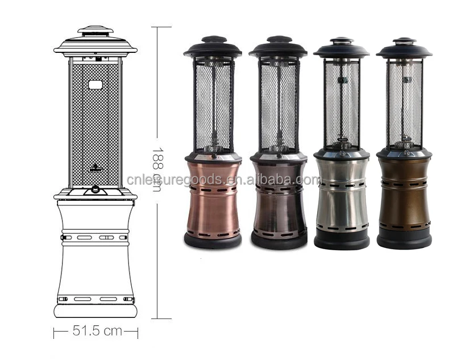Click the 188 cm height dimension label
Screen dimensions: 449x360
tap(158, 169)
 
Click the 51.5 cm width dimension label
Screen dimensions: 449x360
tap(97, 331)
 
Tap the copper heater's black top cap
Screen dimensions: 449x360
tap(213, 47)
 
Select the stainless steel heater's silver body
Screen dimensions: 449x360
tap(342, 193)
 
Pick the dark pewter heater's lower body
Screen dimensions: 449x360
tap(279, 198)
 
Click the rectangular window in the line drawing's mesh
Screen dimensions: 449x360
tap(95, 85)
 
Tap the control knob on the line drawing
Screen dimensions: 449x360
tap(95, 189)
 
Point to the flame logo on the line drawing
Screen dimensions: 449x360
tap(95, 168)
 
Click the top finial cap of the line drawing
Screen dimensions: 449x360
tap(95, 30)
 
